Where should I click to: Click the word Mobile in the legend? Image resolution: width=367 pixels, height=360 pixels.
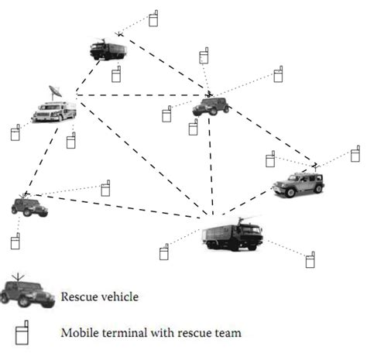pos(77,333)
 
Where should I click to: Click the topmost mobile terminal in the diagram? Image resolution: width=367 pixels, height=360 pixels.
pos(153,18)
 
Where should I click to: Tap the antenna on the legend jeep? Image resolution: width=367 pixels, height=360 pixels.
pos(21,277)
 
